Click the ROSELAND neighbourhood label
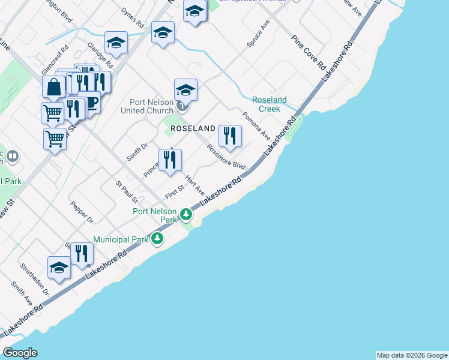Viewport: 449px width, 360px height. tap(193, 128)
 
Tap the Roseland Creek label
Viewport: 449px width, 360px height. tap(270, 104)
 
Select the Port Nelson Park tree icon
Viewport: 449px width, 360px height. tap(187, 214)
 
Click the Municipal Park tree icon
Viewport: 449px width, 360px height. tap(157, 239)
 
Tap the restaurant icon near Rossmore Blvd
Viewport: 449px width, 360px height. tap(230, 136)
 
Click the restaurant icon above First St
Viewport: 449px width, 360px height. tap(170, 160)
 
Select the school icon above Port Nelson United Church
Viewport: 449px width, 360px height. tap(185, 90)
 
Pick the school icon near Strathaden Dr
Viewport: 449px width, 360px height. tap(59, 268)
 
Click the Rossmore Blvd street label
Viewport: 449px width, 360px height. tap(226, 157)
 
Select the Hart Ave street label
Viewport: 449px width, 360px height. tap(195, 185)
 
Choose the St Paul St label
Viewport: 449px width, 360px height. tap(127, 191)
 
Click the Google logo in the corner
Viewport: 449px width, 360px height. tap(20, 353)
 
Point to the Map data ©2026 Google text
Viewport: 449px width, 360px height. tap(412, 355)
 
